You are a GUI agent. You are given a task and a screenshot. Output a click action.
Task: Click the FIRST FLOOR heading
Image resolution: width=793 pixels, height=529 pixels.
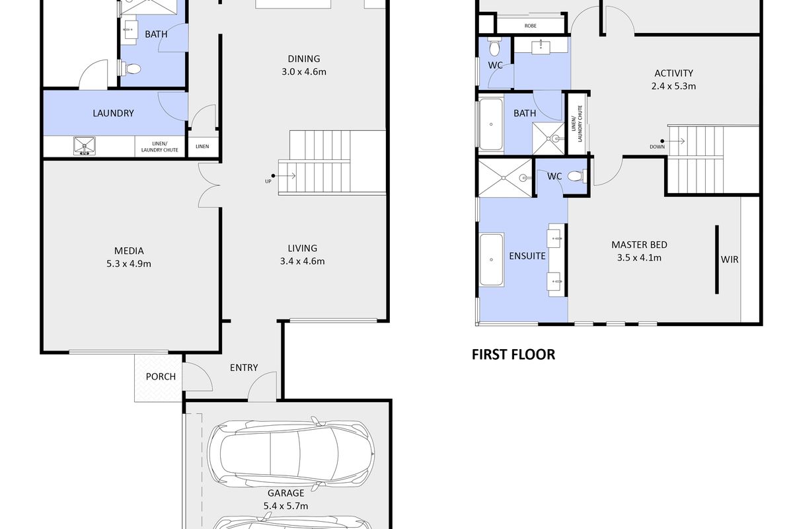[513, 354]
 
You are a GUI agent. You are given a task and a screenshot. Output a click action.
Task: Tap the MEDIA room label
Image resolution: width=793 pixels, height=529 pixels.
[129, 251]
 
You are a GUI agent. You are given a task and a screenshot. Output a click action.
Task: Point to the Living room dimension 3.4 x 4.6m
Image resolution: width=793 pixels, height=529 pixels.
[303, 261]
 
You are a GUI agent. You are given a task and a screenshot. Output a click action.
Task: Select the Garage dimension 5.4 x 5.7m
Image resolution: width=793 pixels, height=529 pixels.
[285, 506]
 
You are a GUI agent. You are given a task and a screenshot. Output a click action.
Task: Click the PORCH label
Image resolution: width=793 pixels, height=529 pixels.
[161, 376]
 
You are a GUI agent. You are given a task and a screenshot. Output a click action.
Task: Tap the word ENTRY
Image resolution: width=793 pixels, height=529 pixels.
[244, 368]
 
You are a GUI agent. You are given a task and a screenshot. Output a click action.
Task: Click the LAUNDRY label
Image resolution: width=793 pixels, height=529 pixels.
[113, 113]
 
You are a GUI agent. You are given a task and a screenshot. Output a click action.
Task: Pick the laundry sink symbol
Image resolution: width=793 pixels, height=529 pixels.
[85, 146]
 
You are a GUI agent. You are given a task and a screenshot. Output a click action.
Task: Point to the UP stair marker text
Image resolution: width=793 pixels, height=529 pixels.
[268, 181]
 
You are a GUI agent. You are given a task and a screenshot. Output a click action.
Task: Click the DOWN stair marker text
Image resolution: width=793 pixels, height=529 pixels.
[657, 147]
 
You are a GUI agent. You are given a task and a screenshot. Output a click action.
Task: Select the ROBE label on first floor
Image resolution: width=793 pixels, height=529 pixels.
[530, 26]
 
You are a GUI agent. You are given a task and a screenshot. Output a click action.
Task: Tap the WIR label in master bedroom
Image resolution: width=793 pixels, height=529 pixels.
[730, 260]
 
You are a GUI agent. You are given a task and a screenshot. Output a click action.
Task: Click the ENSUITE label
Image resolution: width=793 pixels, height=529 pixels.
[527, 256]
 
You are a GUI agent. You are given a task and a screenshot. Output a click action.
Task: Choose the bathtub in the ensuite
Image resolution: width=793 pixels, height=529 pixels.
[492, 259]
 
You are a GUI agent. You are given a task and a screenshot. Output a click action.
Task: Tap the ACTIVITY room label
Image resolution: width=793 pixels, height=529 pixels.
[673, 73]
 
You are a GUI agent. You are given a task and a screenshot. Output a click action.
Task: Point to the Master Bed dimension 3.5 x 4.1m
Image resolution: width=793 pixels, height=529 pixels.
[639, 258]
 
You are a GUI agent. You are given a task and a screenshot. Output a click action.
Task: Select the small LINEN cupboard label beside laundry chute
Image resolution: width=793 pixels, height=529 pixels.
[202, 146]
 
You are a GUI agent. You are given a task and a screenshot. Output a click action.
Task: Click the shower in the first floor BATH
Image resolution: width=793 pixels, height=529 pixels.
[548, 139]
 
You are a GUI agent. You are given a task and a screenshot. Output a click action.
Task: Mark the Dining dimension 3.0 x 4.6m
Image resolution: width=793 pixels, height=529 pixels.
[304, 72]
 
